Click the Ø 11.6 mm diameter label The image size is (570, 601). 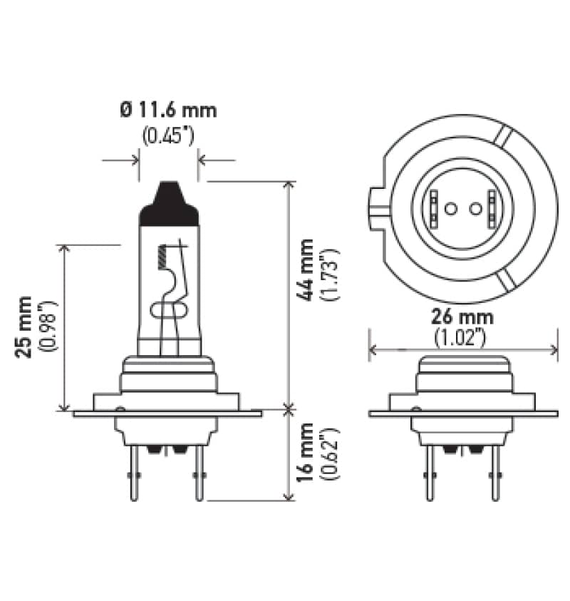[x=168, y=111]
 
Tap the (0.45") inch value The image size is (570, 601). [x=168, y=135]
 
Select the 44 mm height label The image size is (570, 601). [x=306, y=270]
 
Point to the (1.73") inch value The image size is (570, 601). [x=329, y=274]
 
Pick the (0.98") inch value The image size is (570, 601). [x=48, y=327]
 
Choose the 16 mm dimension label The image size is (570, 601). [x=306, y=453]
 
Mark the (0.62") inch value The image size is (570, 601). [x=329, y=453]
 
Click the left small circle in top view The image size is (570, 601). [x=450, y=209]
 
